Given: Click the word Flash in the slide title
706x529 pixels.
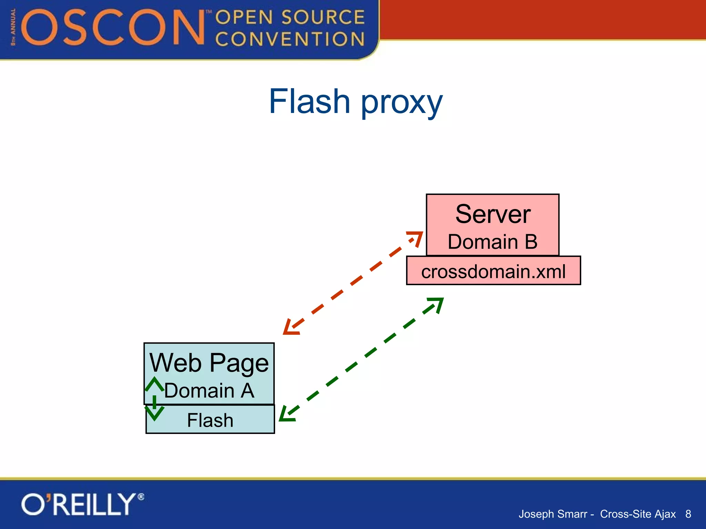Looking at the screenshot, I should pyautogui.click(x=309, y=102).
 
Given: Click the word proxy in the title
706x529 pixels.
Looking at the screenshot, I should pyautogui.click(x=401, y=103).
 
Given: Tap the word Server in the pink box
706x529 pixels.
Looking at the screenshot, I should pyautogui.click(x=493, y=214).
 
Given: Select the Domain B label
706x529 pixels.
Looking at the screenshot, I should pyautogui.click(x=493, y=242).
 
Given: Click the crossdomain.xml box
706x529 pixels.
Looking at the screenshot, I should pyautogui.click(x=493, y=271).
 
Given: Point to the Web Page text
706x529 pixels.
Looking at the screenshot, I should pyautogui.click(x=209, y=363).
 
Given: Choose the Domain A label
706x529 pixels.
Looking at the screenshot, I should pyautogui.click(x=209, y=391).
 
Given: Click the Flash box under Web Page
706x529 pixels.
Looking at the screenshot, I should pyautogui.click(x=210, y=420).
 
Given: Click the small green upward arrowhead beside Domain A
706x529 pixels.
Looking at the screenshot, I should pyautogui.click(x=154, y=384).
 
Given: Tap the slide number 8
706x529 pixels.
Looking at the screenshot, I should pyautogui.click(x=688, y=514).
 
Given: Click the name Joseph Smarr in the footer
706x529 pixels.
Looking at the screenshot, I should pyautogui.click(x=553, y=514).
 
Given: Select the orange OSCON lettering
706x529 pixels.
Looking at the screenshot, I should pyautogui.click(x=114, y=28).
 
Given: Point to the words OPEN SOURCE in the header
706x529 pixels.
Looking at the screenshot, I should pyautogui.click(x=290, y=17).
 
